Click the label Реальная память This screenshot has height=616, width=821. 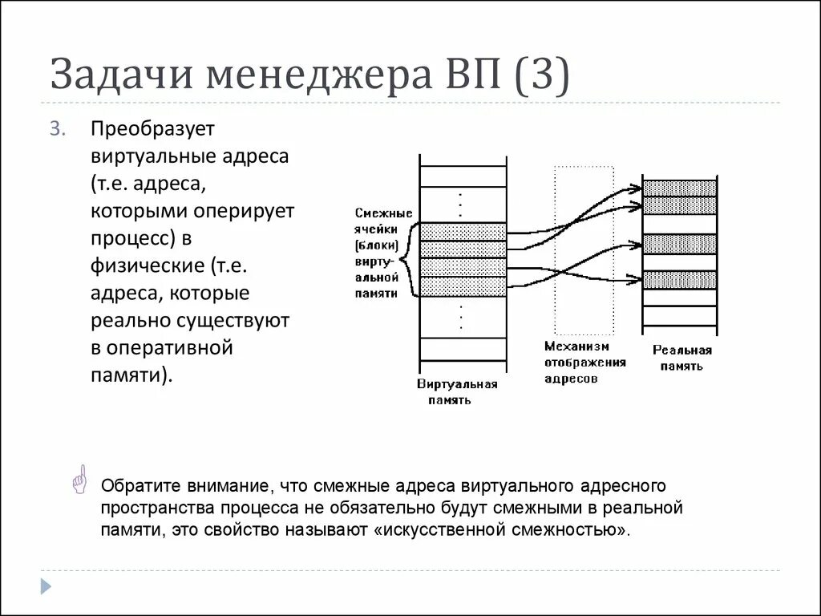(681, 358)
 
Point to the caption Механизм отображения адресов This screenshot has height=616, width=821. (585, 363)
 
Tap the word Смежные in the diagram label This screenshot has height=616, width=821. (382, 213)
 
